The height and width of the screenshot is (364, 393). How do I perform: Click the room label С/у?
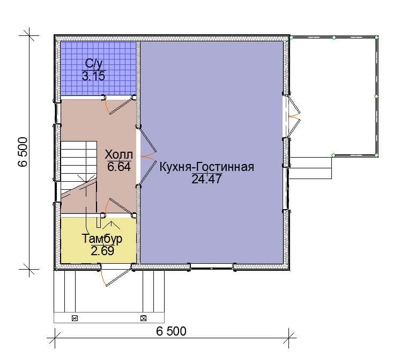tap(94, 64)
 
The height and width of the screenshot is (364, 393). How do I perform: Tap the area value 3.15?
tap(93, 76)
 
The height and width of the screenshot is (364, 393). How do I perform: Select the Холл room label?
tap(118, 154)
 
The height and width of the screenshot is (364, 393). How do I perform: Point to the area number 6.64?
tap(119, 167)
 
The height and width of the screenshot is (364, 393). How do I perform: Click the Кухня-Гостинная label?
tap(207, 167)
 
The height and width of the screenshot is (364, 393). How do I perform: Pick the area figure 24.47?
tap(207, 179)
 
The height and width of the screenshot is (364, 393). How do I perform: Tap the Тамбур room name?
tap(102, 239)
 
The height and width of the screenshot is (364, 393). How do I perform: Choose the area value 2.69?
tap(102, 250)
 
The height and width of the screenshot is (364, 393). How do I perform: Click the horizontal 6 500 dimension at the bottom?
tap(171, 331)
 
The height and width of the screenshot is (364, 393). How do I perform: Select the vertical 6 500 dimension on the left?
tap(23, 152)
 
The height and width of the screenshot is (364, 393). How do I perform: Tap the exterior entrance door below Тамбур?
tap(115, 275)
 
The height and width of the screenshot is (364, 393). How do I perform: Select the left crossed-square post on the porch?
tap(75, 318)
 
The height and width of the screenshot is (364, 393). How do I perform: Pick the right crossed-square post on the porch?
tap(143, 318)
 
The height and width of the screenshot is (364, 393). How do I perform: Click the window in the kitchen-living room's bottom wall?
tap(212, 266)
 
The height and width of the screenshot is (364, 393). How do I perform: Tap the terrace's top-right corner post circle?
tap(376, 38)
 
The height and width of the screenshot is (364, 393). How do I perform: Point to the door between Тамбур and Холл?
tap(118, 207)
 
